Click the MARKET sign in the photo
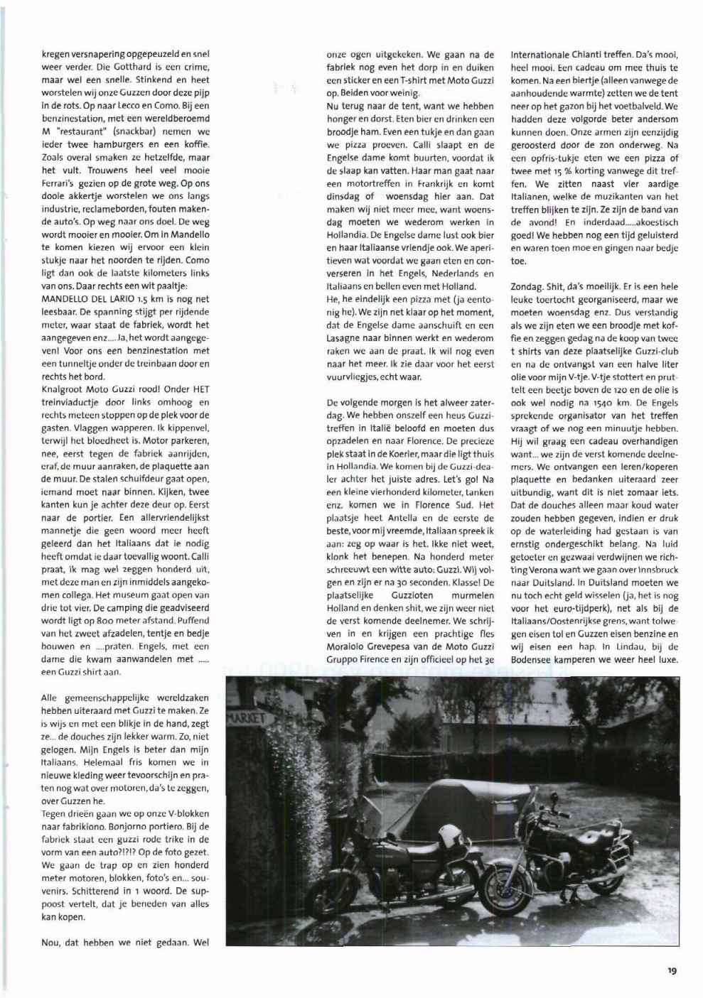click(x=245, y=719)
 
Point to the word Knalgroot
click(x=64, y=389)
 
